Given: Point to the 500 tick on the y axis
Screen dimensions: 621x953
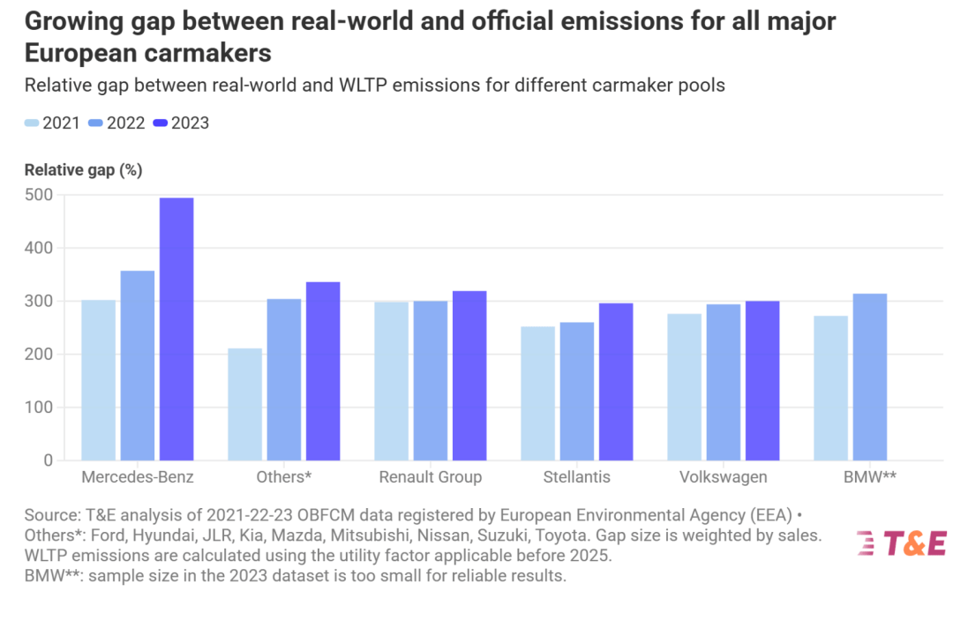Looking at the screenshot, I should click(x=39, y=195).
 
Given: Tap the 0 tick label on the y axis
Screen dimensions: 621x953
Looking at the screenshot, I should click(x=48, y=460).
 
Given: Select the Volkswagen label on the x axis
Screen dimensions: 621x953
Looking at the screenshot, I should click(x=724, y=477).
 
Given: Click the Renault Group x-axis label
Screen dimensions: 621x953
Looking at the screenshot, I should click(x=431, y=477).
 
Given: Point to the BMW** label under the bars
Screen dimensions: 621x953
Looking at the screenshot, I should click(x=870, y=477).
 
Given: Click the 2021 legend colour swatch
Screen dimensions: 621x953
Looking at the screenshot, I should click(x=32, y=123).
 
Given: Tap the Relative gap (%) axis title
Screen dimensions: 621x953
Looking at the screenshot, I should click(x=83, y=170).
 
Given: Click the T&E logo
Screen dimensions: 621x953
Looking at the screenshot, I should click(x=901, y=543).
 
